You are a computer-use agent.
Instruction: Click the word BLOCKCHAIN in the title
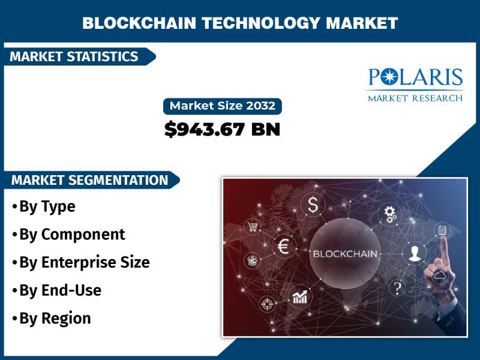[x=139, y=23]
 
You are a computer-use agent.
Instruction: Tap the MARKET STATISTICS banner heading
[x=74, y=56]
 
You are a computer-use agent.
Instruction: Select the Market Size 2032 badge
[x=223, y=106]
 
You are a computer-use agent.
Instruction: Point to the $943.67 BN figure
[x=222, y=129]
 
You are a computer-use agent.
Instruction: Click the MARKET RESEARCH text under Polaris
[x=415, y=98]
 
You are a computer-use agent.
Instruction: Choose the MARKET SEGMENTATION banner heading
[x=89, y=180]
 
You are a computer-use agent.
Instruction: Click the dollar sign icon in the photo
[x=313, y=205]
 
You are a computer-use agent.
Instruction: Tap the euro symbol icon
[x=283, y=247]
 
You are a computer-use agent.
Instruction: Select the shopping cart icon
[x=253, y=227]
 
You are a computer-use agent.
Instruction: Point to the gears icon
[x=389, y=214]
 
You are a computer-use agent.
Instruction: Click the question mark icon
[x=397, y=288]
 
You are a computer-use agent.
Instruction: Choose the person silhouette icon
[x=415, y=254]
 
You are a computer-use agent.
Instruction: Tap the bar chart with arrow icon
[x=299, y=297]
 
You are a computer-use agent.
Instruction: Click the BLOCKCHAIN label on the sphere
[x=345, y=254]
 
